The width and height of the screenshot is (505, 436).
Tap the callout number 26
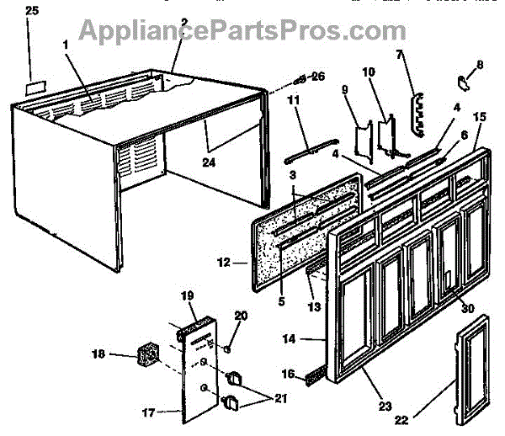[x=318, y=76]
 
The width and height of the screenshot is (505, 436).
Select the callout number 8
[x=479, y=64]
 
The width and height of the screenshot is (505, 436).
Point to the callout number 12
[x=224, y=263]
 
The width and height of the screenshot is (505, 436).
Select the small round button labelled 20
[x=228, y=347]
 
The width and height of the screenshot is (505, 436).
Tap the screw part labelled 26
[x=298, y=79]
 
